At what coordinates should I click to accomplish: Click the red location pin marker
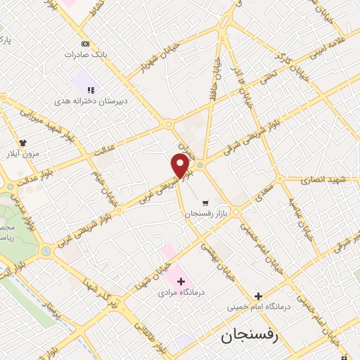pyautogui.click(x=181, y=167)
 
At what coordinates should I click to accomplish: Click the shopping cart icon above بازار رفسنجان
pyautogui.click(x=205, y=200)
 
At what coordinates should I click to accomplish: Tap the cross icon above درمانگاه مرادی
pyautogui.click(x=181, y=281)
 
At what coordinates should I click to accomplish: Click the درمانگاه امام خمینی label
pyautogui.click(x=257, y=307)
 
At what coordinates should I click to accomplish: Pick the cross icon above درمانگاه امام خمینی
pyautogui.click(x=258, y=296)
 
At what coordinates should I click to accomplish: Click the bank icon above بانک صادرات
pyautogui.click(x=85, y=44)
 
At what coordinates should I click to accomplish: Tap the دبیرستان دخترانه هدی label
pyautogui.click(x=91, y=101)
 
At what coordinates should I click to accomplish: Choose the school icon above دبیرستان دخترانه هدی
pyautogui.click(x=91, y=89)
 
